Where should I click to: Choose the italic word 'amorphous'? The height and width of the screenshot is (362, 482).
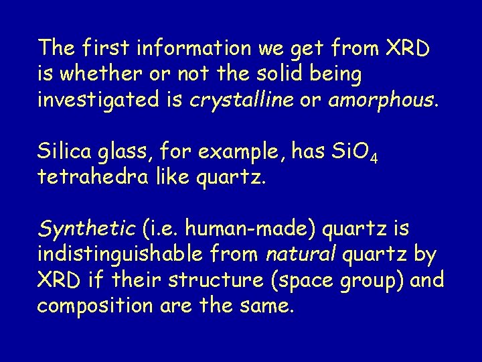[380, 101]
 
